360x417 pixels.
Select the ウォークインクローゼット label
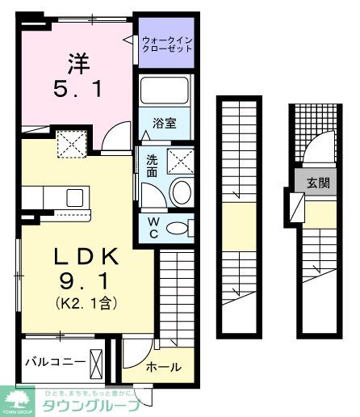click(x=167, y=43)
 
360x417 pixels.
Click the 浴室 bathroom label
click(x=166, y=126)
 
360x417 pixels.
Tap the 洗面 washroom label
click(x=152, y=166)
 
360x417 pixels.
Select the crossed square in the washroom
click(x=182, y=162)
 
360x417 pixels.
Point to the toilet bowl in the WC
click(x=178, y=228)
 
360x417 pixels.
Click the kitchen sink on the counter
click(x=75, y=196)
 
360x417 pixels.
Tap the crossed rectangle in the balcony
click(x=97, y=361)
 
